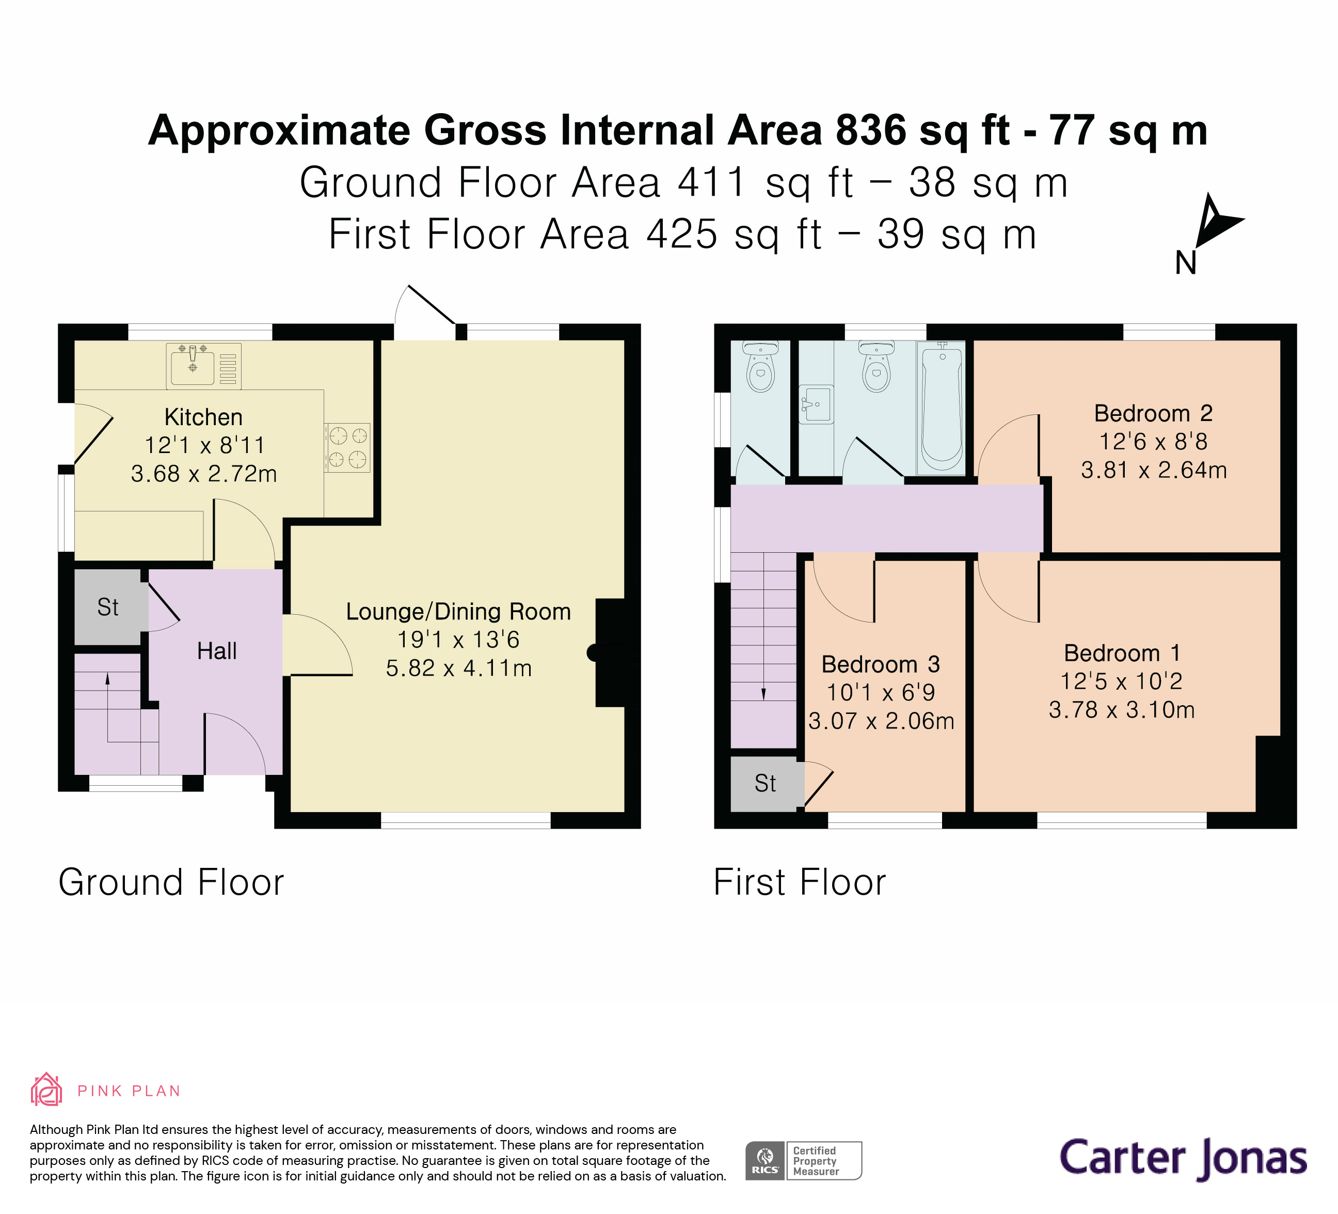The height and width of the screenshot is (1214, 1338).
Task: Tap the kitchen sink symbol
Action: tap(193, 367)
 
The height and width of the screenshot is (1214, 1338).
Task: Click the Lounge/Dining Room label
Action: tap(458, 611)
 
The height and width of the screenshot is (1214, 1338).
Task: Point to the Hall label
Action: tap(216, 651)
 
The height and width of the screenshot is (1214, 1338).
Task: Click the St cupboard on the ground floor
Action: tap(107, 607)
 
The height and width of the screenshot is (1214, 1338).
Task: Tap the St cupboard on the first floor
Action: tap(764, 783)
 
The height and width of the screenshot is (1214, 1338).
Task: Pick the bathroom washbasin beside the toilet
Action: tap(816, 403)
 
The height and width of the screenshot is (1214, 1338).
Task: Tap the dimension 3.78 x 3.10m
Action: tap(1122, 709)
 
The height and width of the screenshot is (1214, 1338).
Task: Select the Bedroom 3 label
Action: tap(880, 664)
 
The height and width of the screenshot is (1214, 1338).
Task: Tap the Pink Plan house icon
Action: tap(46, 1090)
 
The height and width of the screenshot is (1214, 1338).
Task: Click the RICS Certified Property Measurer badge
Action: tap(803, 1160)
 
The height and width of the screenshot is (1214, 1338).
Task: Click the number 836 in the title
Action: tap(871, 130)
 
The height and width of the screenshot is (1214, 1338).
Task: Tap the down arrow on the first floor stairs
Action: tap(763, 693)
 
